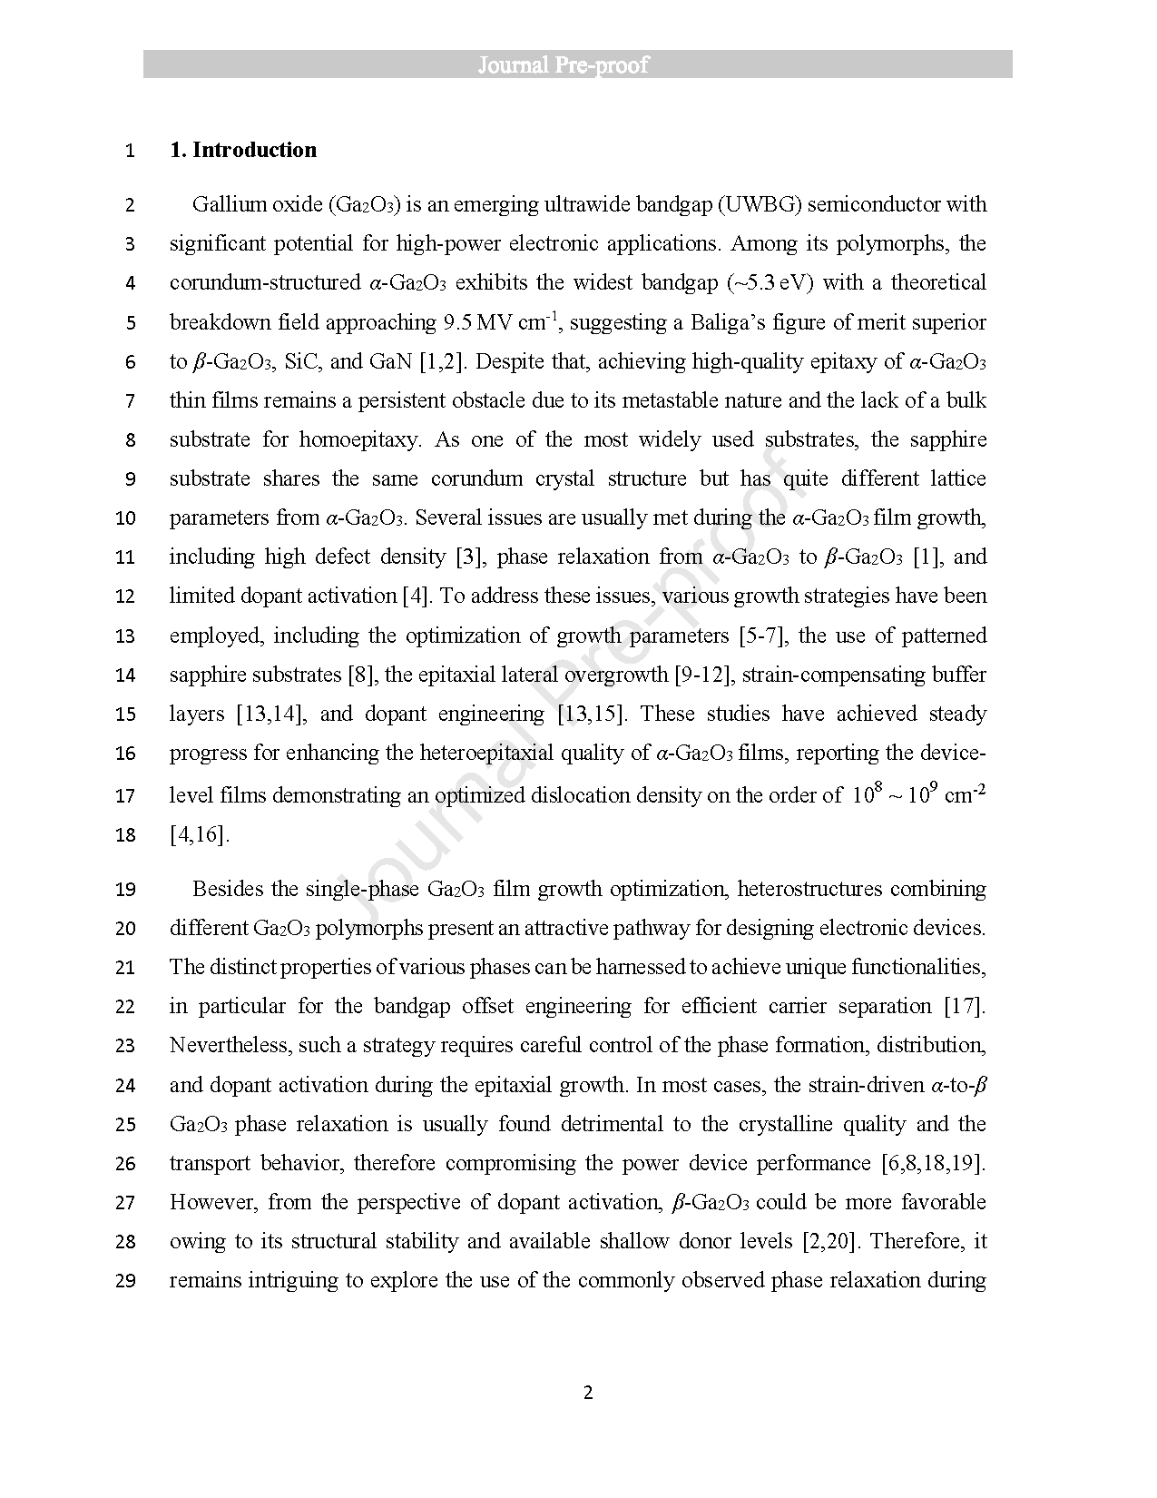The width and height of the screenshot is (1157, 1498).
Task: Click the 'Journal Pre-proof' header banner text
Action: tap(577, 64)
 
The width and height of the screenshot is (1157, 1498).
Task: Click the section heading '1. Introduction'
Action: tap(243, 150)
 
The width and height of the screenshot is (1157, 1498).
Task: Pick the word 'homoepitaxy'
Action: tap(359, 439)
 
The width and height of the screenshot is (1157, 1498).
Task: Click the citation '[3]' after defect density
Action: tap(468, 557)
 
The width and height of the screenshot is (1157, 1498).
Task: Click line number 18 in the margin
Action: tap(126, 835)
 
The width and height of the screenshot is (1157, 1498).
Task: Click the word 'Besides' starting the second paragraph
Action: tap(226, 889)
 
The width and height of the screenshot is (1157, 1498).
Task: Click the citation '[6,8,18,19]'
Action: tap(933, 1163)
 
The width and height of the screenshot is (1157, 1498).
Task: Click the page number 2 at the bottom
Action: tap(587, 1393)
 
